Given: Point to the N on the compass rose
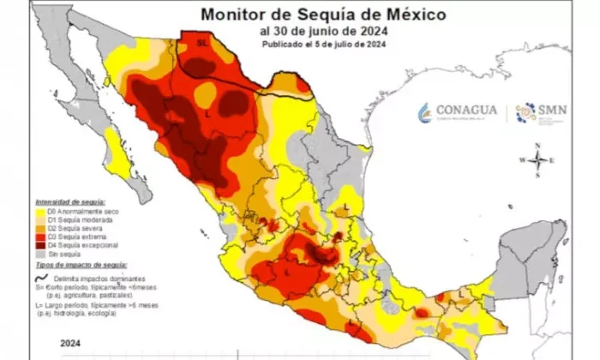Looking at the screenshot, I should click(537, 147).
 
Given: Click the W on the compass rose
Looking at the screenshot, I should click(522, 160).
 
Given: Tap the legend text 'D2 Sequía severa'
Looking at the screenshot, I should click(74, 228).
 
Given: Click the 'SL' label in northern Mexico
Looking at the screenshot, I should click(202, 41).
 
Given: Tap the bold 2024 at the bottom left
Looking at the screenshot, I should click(70, 343).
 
